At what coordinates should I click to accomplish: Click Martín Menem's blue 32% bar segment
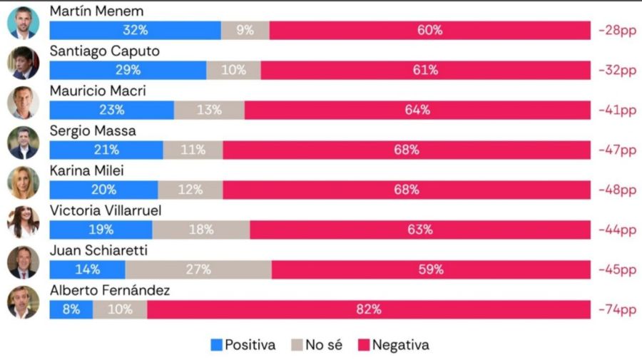(135, 31)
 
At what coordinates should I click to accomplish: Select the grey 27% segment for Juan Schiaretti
(198, 270)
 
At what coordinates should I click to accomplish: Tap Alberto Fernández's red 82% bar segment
(369, 310)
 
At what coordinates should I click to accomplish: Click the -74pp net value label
(618, 310)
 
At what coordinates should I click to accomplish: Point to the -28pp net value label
(618, 31)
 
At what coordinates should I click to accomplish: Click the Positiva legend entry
(243, 345)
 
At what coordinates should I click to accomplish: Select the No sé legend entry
(317, 345)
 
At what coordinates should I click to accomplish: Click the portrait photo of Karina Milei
(23, 182)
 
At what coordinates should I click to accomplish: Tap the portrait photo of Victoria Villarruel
(23, 222)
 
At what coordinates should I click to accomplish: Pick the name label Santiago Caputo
(105, 51)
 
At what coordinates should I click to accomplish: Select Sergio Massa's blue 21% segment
(106, 150)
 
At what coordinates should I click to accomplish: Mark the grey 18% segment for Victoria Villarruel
(201, 230)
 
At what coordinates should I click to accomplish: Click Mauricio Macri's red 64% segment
(417, 110)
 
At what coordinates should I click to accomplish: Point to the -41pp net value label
(618, 110)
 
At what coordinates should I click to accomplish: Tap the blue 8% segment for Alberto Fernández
(71, 310)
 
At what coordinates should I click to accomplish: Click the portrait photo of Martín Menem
(23, 23)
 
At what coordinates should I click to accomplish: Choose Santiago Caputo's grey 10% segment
(233, 71)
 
